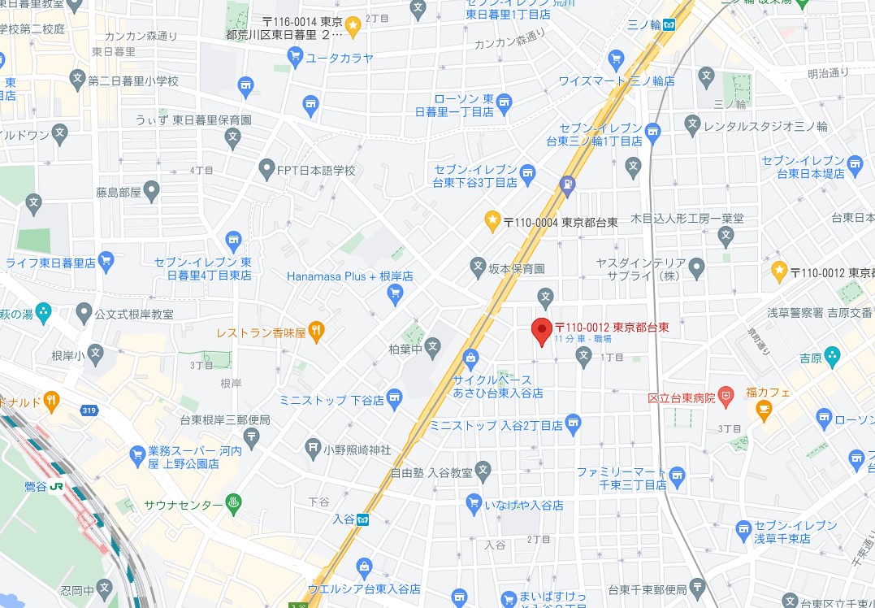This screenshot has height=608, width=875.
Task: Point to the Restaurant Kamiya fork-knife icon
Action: pyautogui.click(x=317, y=331)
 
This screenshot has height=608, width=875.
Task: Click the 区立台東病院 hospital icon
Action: pyautogui.click(x=726, y=397)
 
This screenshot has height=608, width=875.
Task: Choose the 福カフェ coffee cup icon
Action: pyautogui.click(x=763, y=409)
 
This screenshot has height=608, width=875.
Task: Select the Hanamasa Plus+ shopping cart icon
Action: pyautogui.click(x=395, y=293)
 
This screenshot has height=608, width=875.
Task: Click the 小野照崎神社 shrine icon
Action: pyautogui.click(x=314, y=446)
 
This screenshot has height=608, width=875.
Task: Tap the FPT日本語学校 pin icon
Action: pyautogui.click(x=266, y=170)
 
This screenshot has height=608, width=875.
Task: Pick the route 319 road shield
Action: pyautogui.click(x=89, y=410)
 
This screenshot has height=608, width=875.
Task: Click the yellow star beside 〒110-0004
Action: pyautogui.click(x=492, y=219)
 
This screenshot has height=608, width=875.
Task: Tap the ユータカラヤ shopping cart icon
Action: pyautogui.click(x=296, y=56)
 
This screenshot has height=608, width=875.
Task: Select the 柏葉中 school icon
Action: pyautogui.click(x=433, y=346)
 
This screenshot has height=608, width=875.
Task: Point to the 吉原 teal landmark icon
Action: pyautogui.click(x=831, y=355)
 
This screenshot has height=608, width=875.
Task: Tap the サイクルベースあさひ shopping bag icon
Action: pyautogui.click(x=470, y=358)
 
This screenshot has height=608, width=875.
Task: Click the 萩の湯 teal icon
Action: pyautogui.click(x=43, y=311)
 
